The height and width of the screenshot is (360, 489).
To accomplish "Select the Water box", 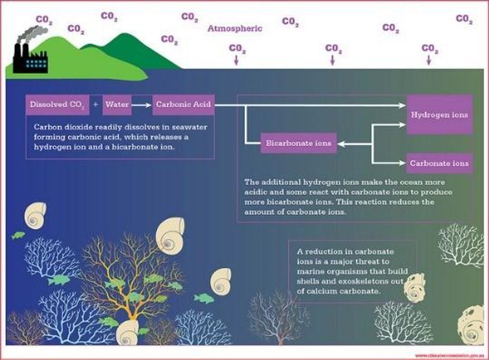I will [118, 105].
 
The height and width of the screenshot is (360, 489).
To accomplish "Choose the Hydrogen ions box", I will [439, 114].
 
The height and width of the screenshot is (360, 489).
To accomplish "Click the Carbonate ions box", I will [439, 163].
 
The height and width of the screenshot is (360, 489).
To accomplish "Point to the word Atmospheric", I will [235, 28].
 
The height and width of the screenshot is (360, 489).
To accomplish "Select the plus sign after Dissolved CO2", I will [96, 105].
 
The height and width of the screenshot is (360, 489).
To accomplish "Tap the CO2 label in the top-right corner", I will [464, 19].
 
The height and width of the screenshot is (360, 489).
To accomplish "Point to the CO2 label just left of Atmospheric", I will [190, 17].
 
